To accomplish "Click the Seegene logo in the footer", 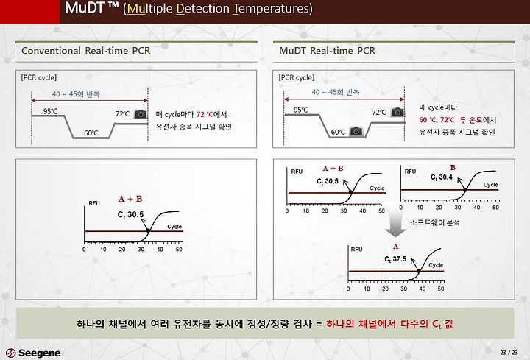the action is (33, 353).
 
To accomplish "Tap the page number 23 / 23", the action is (509, 352).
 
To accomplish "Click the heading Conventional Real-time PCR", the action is (86, 51).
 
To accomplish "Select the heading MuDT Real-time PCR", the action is (327, 51).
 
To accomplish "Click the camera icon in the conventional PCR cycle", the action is (141, 114).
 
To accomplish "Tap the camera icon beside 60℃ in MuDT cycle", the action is (356, 131).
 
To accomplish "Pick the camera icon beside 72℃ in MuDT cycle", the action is (397, 112).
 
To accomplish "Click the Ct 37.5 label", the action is (395, 259).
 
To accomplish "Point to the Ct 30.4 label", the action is (442, 177).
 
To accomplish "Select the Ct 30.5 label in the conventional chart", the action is (130, 215).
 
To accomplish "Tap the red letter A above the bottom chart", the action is (395, 247).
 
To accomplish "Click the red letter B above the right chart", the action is (453, 167).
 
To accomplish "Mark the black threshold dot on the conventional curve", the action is (148, 230).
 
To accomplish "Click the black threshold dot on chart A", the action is (418, 271).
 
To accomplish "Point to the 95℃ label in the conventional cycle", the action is (50, 111).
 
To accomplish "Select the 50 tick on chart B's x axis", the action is (495, 208).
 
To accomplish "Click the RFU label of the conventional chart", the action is (94, 203).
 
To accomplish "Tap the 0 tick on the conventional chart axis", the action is (84, 250).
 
